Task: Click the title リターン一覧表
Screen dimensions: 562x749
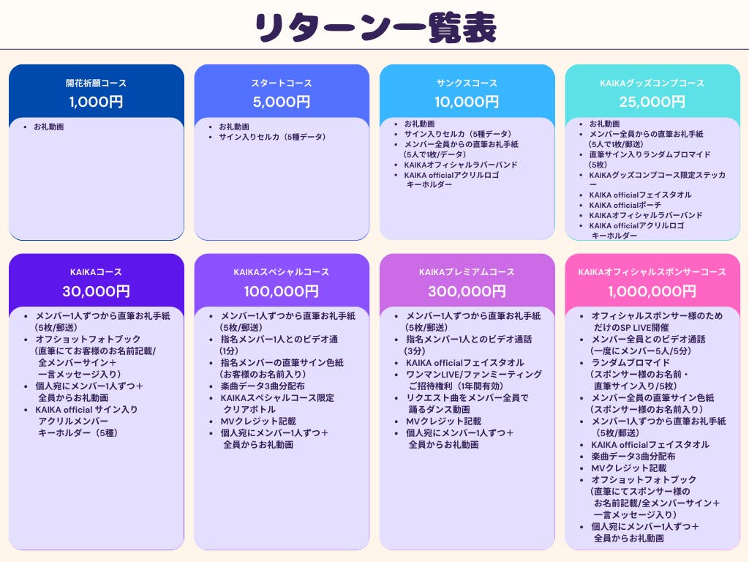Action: (x=374, y=28)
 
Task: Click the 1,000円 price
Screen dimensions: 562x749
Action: (x=96, y=102)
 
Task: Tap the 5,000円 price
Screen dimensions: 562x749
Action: (x=282, y=102)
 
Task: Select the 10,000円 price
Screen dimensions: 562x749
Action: (x=467, y=102)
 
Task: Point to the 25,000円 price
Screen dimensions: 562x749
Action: (x=652, y=102)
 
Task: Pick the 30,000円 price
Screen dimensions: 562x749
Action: (x=96, y=291)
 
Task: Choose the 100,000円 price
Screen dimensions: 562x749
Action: (x=282, y=291)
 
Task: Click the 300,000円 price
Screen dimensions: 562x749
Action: (x=467, y=291)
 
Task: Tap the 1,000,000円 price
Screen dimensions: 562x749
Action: (x=652, y=291)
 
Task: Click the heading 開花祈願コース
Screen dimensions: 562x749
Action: (x=96, y=83)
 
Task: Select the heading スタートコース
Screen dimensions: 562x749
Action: (x=282, y=83)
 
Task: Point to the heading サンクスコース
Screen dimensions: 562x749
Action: (x=467, y=83)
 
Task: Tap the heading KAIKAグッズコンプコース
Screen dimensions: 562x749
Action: (x=652, y=83)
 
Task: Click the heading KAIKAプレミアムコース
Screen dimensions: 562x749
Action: (x=467, y=272)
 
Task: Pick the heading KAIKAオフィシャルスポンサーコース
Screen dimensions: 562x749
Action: (x=652, y=272)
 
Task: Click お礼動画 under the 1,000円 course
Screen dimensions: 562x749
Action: (x=48, y=127)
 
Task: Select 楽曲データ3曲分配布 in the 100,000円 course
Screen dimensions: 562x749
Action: (x=263, y=386)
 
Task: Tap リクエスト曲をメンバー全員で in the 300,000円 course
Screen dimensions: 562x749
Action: (x=467, y=397)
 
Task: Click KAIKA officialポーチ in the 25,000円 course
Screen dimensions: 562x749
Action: (x=625, y=205)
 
